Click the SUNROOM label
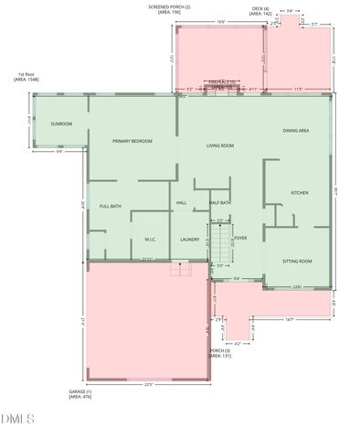point(61,123)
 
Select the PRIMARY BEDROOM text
point(132,141)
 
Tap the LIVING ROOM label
point(220,145)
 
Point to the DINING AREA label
point(295,131)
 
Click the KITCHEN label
point(300,193)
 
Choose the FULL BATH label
point(111,206)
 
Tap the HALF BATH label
point(219,202)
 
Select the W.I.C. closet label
point(152,239)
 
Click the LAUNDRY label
point(190,239)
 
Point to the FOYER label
point(240,238)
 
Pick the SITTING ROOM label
point(297,262)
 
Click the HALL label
point(181,202)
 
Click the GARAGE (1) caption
point(80,394)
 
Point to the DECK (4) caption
point(261,10)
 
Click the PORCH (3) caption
point(220,352)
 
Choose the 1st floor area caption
point(26,78)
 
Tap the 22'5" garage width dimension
point(148,383)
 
